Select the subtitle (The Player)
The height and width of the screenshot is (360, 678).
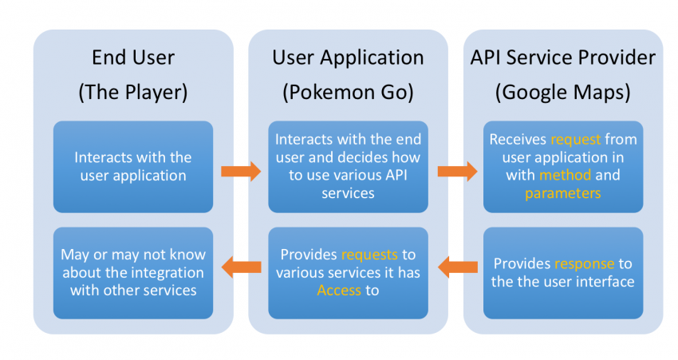[132, 92]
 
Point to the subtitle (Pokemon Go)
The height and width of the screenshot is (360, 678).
[348, 92]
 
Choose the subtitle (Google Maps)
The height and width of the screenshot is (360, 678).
[563, 92]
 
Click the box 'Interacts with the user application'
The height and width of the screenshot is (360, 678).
[133, 166]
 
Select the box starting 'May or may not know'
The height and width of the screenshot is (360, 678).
[133, 273]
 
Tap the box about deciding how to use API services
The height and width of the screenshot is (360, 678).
[348, 166]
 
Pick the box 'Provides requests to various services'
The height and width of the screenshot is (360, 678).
[348, 273]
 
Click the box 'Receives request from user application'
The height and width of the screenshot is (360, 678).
[563, 166]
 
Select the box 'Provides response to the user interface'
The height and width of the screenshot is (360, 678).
[563, 273]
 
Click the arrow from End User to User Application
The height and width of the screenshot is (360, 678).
[240, 171]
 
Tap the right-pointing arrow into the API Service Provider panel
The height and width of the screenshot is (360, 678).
[456, 171]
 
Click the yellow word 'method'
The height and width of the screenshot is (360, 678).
[566, 175]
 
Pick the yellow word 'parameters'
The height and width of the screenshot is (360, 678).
[562, 192]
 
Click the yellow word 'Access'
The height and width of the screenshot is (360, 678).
[339, 290]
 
